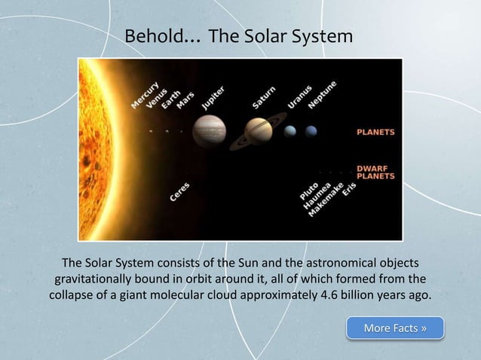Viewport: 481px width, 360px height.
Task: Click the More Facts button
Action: tap(395, 328)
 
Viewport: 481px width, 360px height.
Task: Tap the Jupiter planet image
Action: tap(209, 130)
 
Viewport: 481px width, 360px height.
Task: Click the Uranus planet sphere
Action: tap(290, 131)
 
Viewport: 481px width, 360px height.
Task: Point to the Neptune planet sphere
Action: tap(311, 131)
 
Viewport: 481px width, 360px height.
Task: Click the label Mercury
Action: tap(144, 94)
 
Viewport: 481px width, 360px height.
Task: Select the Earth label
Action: tap(170, 99)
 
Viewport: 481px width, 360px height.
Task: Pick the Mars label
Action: tap(185, 100)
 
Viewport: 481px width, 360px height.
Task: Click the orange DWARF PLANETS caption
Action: tap(375, 172)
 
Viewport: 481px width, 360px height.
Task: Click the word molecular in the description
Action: tap(206, 294)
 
